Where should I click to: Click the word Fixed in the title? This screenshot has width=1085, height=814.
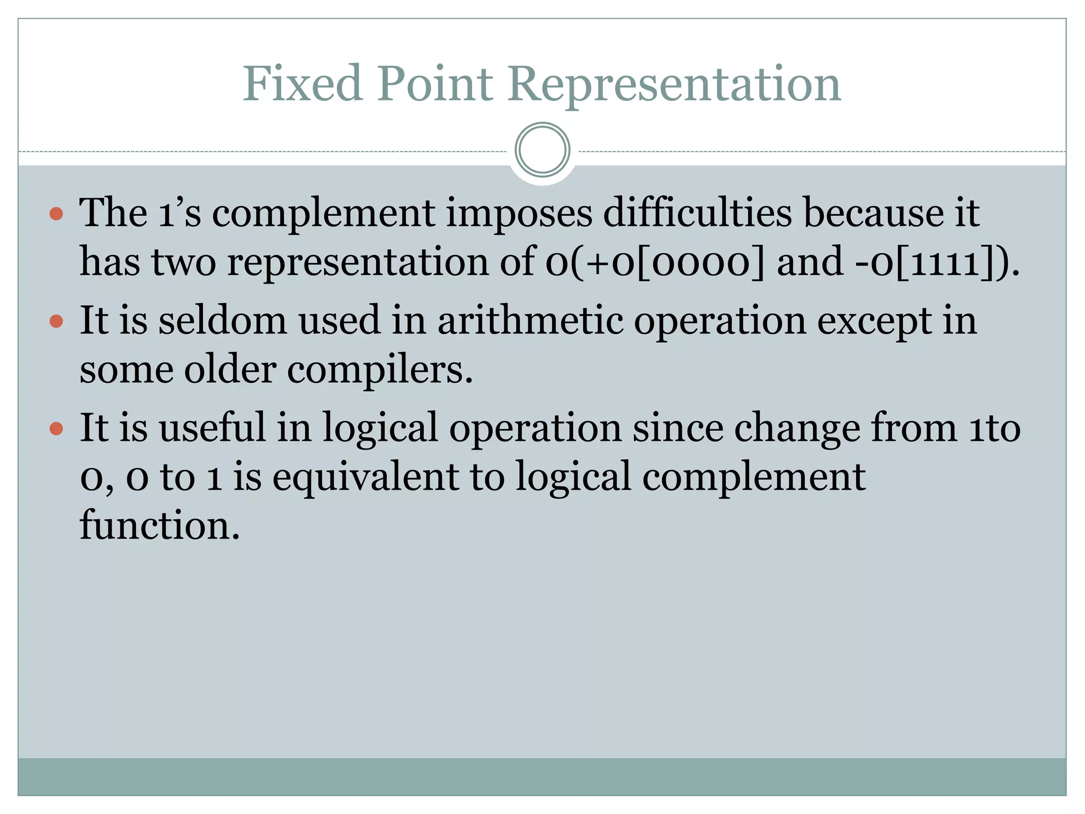click(303, 83)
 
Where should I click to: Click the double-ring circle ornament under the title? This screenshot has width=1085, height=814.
click(542, 149)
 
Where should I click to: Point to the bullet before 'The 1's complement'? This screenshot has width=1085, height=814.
click(56, 214)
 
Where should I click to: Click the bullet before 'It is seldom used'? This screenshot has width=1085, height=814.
click(56, 321)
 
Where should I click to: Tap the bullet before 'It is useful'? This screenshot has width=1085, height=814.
click(56, 428)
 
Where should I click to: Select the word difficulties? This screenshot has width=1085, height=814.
click(697, 213)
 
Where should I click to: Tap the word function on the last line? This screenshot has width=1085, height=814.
click(159, 525)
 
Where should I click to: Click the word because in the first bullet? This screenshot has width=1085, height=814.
click(873, 213)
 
